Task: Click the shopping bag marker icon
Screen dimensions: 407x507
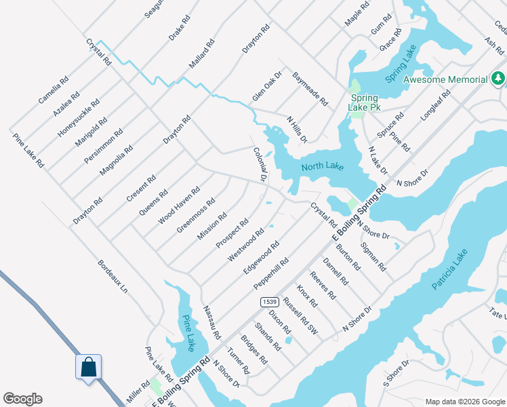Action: [x=88, y=368]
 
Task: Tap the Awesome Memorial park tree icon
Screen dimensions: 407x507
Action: [x=498, y=79]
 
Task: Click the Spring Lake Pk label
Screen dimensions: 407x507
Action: [x=363, y=102]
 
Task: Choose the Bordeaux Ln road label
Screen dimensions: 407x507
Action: [x=113, y=277]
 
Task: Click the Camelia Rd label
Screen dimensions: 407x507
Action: [x=53, y=90]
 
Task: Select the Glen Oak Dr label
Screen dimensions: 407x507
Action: [x=267, y=88]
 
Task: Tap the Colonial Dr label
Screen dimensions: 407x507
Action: [x=259, y=164]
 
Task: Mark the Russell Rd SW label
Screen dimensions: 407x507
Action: [x=300, y=315]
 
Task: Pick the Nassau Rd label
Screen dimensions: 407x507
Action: [x=212, y=322]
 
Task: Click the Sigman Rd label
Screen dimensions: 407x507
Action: [x=373, y=256]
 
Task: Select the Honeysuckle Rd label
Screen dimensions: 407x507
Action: [x=78, y=119]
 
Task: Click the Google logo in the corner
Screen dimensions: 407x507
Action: [x=22, y=399]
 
